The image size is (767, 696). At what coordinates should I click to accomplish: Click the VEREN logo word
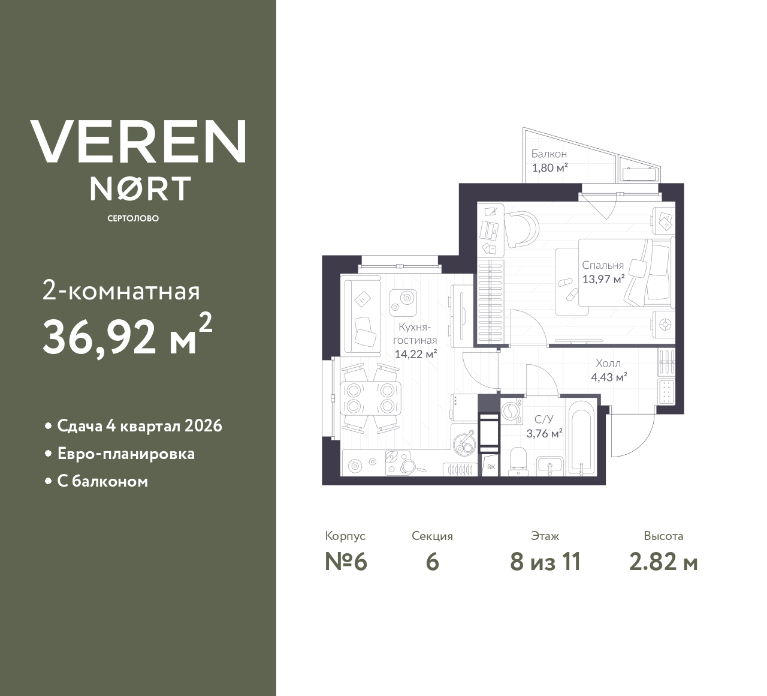pyautogui.click(x=138, y=141)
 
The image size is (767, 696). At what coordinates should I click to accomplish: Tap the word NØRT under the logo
pyautogui.click(x=140, y=188)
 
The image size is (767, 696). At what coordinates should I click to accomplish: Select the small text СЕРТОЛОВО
pyautogui.click(x=133, y=218)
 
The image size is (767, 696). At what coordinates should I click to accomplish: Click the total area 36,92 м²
pyautogui.click(x=126, y=336)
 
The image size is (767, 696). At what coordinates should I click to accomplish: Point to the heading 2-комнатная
pyautogui.click(x=121, y=292)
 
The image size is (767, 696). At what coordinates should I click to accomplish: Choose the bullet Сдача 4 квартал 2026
pyautogui.click(x=139, y=426)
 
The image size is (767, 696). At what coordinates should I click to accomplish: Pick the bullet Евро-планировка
pyautogui.click(x=125, y=454)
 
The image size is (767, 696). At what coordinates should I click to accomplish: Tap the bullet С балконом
pyautogui.click(x=102, y=481)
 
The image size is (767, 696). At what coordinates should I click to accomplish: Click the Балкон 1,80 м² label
pyautogui.click(x=549, y=161)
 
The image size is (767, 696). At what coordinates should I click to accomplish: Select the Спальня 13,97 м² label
pyautogui.click(x=603, y=272)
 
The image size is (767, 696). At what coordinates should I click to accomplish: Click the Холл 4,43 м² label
pyautogui.click(x=608, y=370)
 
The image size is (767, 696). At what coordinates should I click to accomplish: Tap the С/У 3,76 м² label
pyautogui.click(x=544, y=426)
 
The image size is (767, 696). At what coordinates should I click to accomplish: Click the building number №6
pyautogui.click(x=345, y=562)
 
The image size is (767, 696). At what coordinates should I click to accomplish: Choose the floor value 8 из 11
pyautogui.click(x=545, y=562)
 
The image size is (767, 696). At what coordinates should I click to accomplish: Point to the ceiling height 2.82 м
pyautogui.click(x=663, y=562)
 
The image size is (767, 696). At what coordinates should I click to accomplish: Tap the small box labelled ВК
pyautogui.click(x=491, y=467)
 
